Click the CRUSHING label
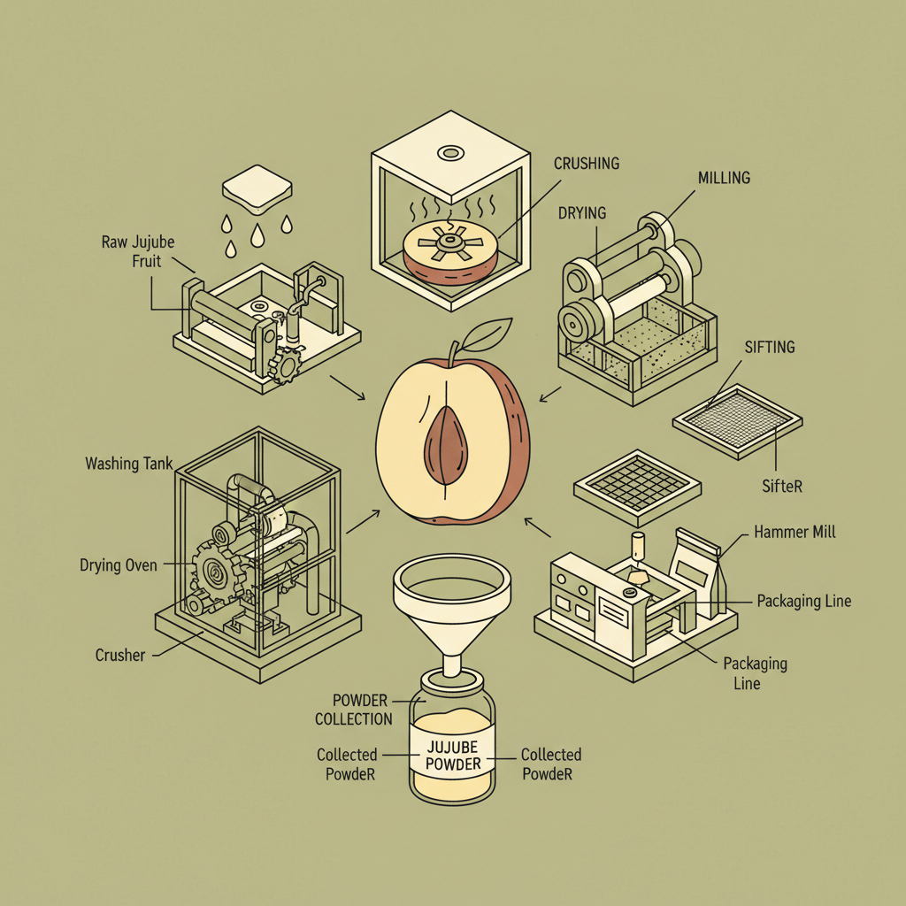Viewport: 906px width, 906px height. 587,164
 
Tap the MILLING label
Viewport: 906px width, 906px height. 724,178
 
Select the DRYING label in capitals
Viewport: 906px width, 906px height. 582,213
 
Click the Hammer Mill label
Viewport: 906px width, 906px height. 795,533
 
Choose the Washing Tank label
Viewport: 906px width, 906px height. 129,464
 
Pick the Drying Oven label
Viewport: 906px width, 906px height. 118,564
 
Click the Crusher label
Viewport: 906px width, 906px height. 120,656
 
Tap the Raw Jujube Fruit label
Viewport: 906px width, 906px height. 140,252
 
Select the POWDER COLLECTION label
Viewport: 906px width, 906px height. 353,710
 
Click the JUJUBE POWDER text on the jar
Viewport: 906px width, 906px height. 453,755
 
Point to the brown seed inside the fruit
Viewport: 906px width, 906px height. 447,446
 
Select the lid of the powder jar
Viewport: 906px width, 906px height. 452,682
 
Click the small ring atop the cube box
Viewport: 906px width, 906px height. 451,153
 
